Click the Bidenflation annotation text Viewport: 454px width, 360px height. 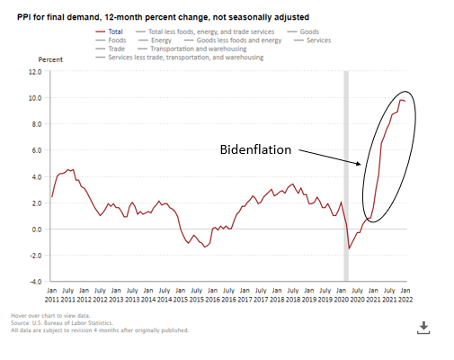pyautogui.click(x=255, y=149)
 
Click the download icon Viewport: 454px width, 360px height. pyautogui.click(x=423, y=328)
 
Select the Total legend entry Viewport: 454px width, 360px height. pyautogui.click(x=109, y=31)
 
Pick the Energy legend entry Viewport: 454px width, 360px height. pyautogui.click(x=155, y=40)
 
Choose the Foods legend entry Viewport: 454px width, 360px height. pyautogui.click(x=111, y=40)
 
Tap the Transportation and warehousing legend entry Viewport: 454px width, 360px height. pyautogui.click(x=192, y=49)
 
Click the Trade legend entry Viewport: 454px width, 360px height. pyautogui.click(x=110, y=49)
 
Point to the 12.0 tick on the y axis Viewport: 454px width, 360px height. pyautogui.click(x=35, y=72)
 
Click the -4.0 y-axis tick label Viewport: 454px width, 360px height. pyautogui.click(x=36, y=282)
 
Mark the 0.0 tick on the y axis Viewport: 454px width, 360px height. pyautogui.click(x=37, y=229)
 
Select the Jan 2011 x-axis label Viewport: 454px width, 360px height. pyautogui.click(x=52, y=295)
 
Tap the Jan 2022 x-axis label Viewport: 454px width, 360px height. pyautogui.click(x=405, y=295)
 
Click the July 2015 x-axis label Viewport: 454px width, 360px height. pyautogui.click(x=197, y=295)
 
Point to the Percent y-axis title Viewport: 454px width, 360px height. pyautogui.click(x=50, y=59)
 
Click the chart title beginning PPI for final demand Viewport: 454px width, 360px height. pyautogui.click(x=163, y=17)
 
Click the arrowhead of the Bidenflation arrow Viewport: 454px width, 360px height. pyautogui.click(x=360, y=164)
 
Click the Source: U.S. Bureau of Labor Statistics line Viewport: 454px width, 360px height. pyautogui.click(x=62, y=323)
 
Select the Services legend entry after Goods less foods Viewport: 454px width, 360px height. pyautogui.click(x=313, y=40)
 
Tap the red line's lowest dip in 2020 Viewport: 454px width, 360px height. pyautogui.click(x=349, y=248)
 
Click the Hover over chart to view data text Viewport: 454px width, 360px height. pyautogui.click(x=50, y=316)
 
